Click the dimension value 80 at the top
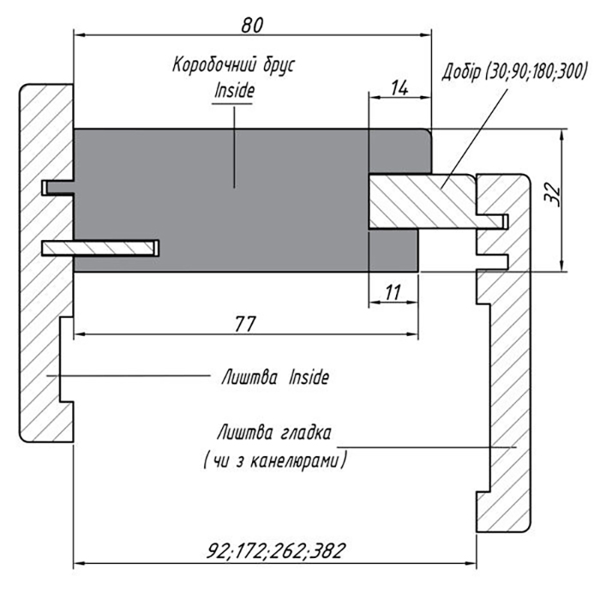click(252, 25)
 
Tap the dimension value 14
click(399, 88)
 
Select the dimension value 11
click(393, 293)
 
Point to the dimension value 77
click(245, 325)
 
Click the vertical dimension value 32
click(552, 195)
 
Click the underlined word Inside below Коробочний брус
click(234, 91)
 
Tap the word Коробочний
click(214, 65)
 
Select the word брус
click(279, 66)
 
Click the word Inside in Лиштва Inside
click(309, 378)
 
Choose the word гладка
click(306, 435)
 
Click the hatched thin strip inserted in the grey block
click(100, 248)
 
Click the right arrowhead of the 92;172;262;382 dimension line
click(471, 563)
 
